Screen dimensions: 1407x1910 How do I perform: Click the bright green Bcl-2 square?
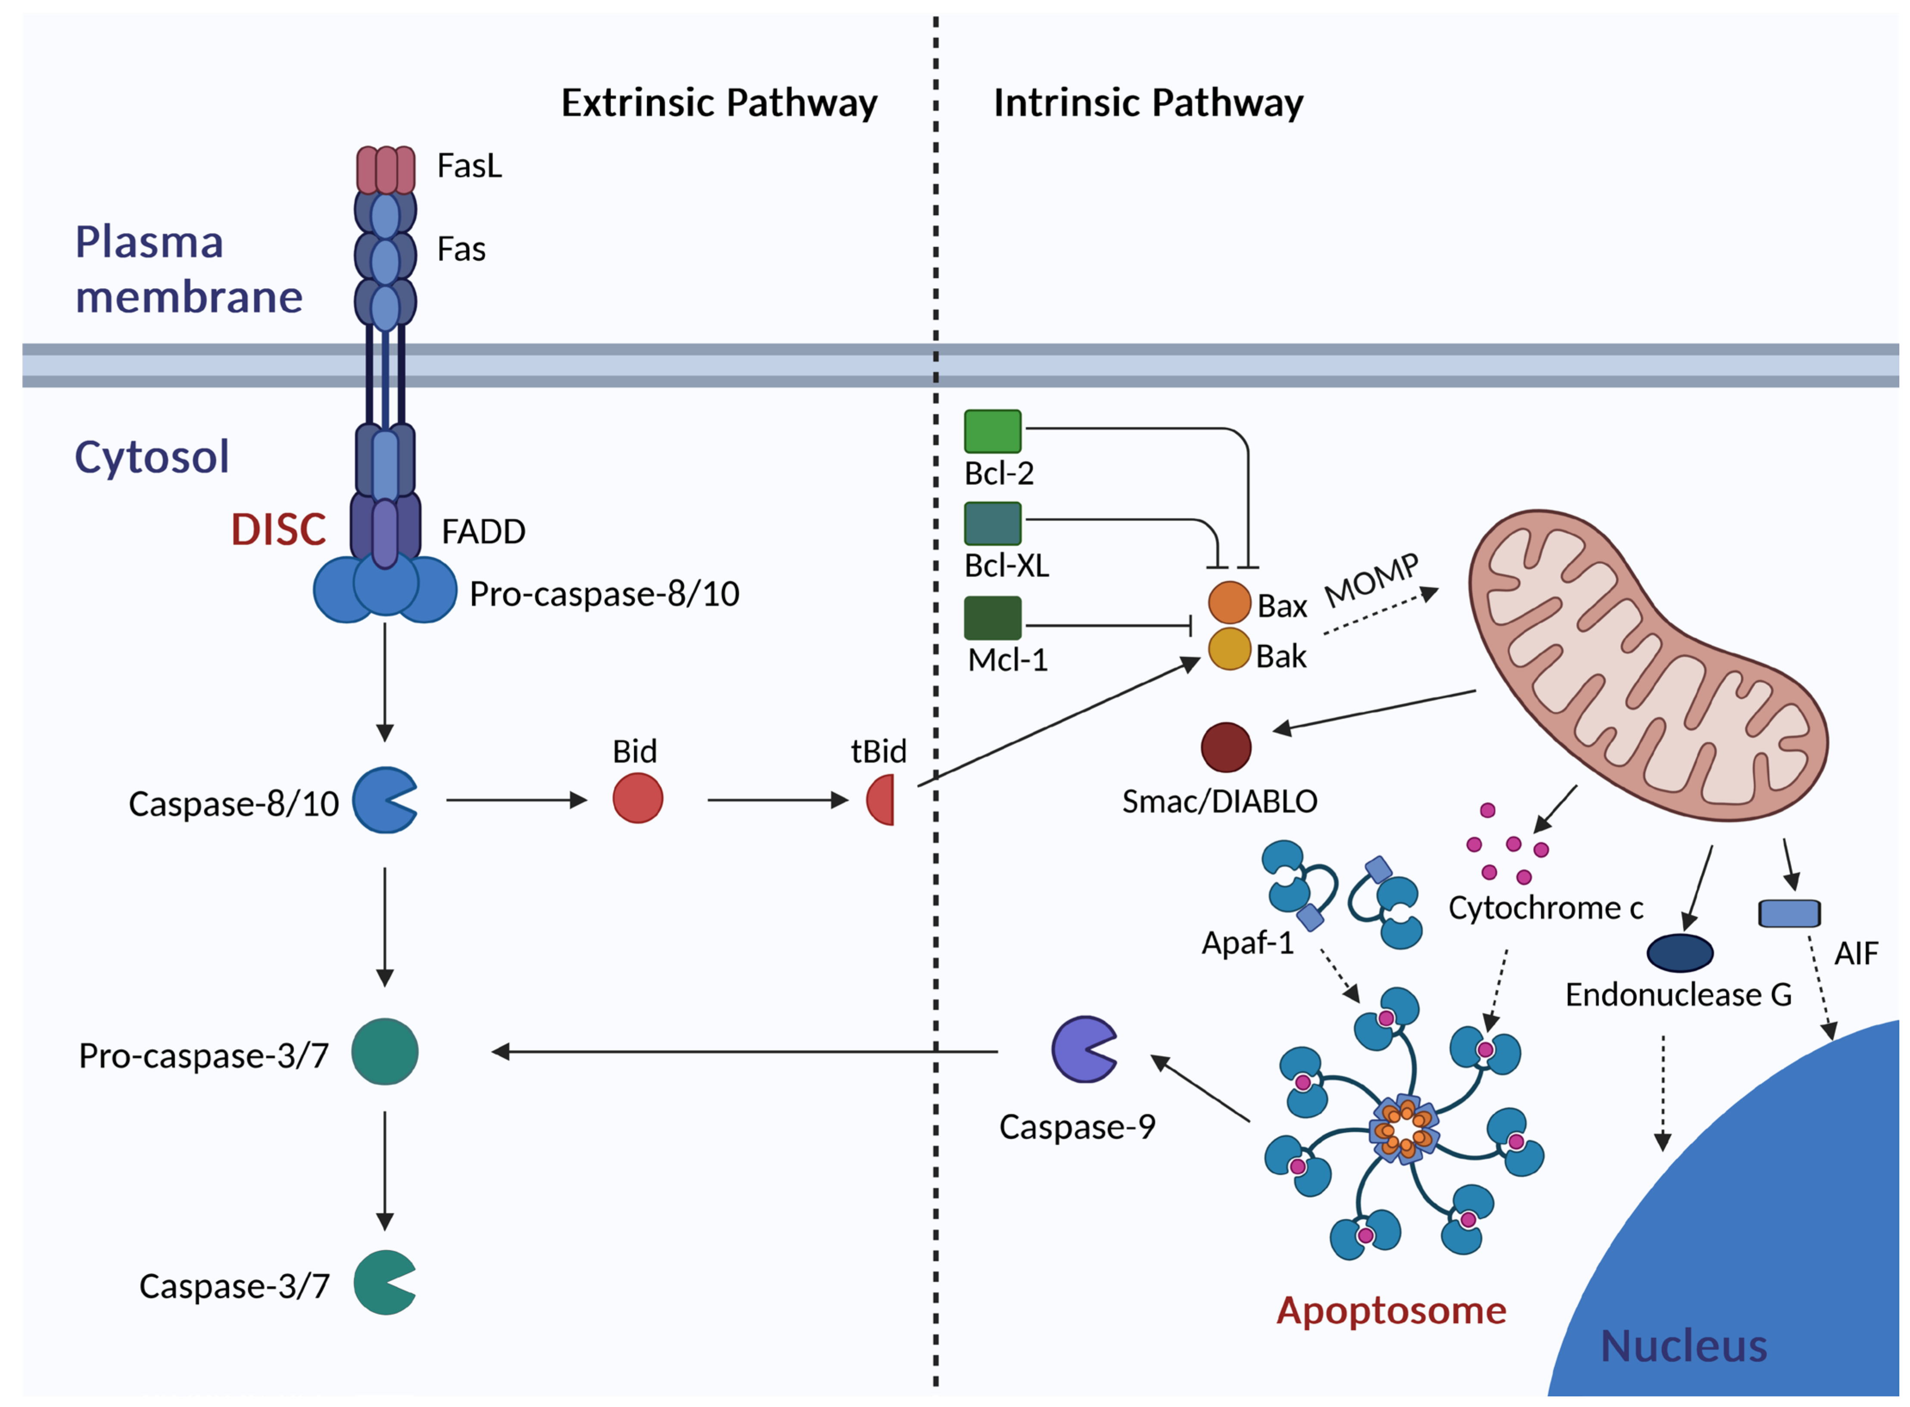point(992,431)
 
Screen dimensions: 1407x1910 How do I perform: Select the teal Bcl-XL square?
point(992,523)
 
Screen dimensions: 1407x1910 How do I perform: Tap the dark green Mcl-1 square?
point(992,618)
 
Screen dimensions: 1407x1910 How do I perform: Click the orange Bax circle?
point(1228,602)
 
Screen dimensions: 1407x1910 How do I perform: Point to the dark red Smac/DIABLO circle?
point(1225,747)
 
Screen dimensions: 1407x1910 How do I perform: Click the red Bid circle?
point(637,798)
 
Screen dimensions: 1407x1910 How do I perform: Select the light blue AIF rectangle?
point(1788,913)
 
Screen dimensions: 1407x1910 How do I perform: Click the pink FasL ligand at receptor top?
point(385,170)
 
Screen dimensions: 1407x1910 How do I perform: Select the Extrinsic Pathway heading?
point(718,103)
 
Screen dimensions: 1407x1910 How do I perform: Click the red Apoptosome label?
point(1390,1310)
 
